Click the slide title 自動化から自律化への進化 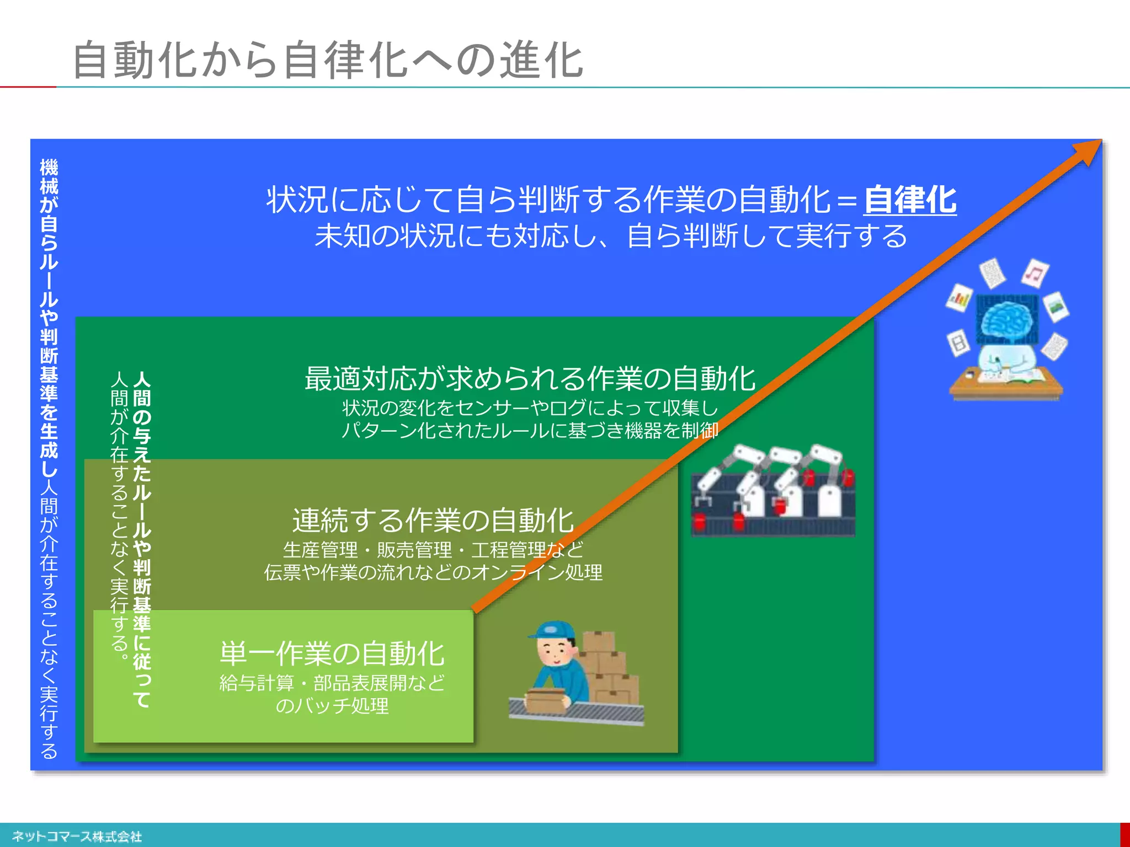pyautogui.click(x=328, y=60)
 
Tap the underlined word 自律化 pyautogui.click(x=910, y=200)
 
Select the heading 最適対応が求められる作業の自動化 pyautogui.click(x=530, y=379)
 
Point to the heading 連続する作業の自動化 pyautogui.click(x=433, y=521)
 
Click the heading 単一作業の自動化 pyautogui.click(x=332, y=654)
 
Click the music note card pyautogui.click(x=1035, y=273)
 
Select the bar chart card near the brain pyautogui.click(x=960, y=298)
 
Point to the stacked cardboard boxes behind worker pyautogui.click(x=610, y=667)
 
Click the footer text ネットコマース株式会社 pyautogui.click(x=77, y=837)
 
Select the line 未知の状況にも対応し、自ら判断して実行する pyautogui.click(x=611, y=236)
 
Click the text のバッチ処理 pyautogui.click(x=332, y=706)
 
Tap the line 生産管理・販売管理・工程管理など pyautogui.click(x=433, y=550)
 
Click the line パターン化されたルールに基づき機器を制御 pyautogui.click(x=530, y=430)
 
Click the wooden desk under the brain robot pyautogui.click(x=1006, y=389)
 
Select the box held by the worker pyautogui.click(x=546, y=700)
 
